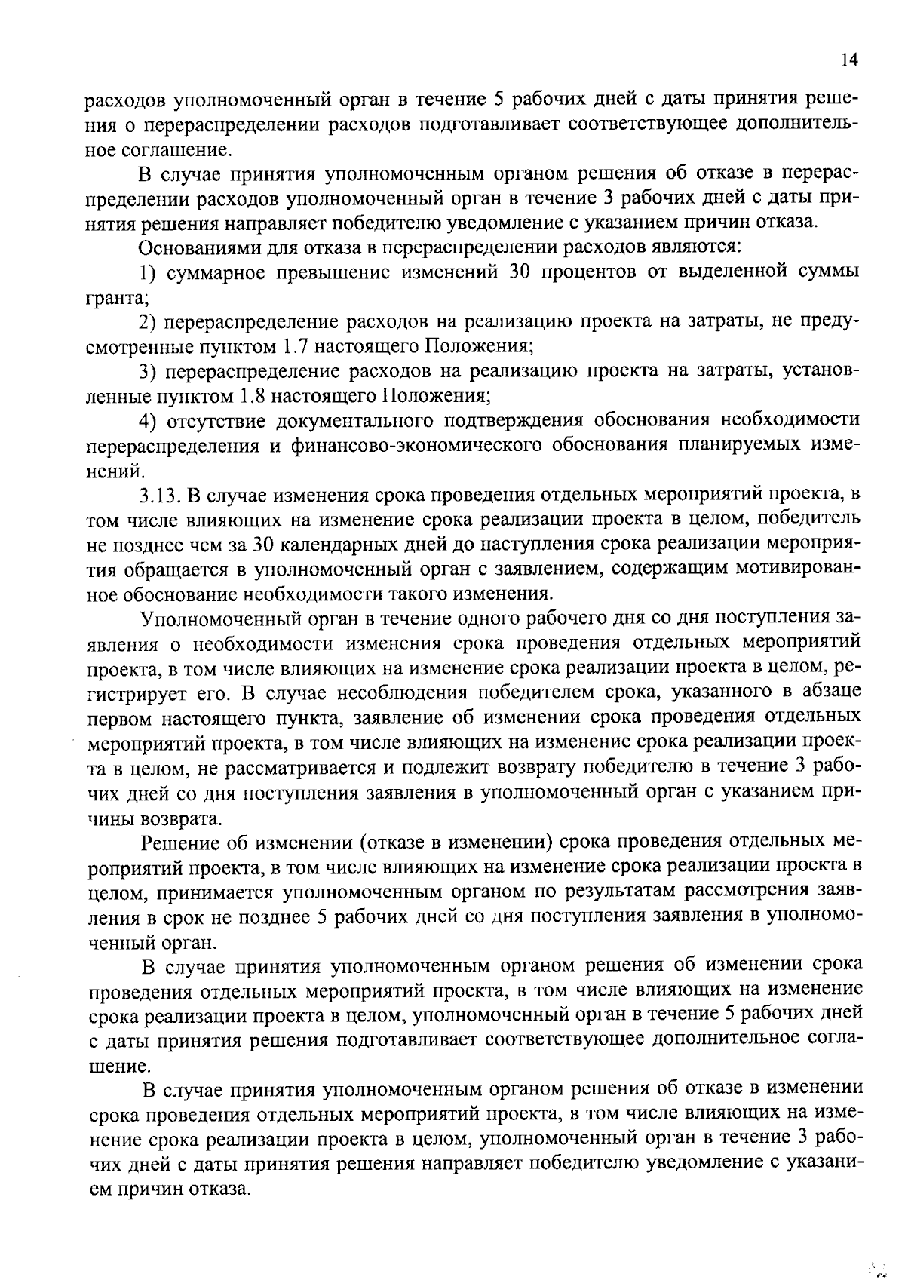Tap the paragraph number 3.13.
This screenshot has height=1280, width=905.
click(158, 496)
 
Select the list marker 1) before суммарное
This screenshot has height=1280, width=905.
click(149, 272)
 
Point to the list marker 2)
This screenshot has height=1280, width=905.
click(149, 321)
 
